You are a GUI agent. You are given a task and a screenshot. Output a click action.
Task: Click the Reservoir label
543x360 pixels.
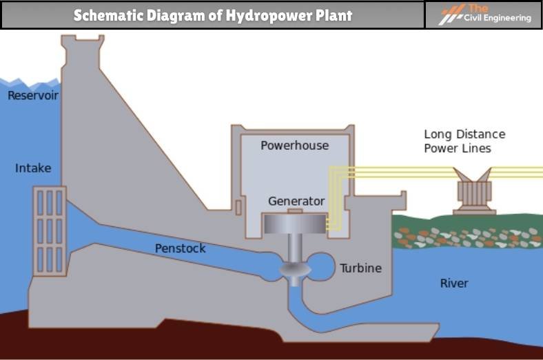tap(32, 96)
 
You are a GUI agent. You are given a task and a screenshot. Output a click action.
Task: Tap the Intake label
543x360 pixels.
tap(33, 168)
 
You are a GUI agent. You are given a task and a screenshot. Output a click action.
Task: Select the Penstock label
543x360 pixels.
tap(180, 248)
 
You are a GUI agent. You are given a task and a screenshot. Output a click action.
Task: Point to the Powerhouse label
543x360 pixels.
tap(294, 146)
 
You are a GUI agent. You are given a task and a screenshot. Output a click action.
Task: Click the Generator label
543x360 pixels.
tap(296, 201)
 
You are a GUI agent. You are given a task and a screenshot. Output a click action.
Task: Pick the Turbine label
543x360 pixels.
tap(360, 268)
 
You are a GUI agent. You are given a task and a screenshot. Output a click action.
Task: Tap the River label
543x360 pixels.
tap(454, 283)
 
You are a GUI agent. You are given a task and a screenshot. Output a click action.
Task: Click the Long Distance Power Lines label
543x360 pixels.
tap(464, 141)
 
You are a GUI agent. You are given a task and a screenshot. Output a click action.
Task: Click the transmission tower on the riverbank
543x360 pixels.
tap(473, 192)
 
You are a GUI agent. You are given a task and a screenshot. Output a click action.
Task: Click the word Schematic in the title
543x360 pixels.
tap(103, 15)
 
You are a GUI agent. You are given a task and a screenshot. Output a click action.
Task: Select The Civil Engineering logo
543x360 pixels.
tap(482, 14)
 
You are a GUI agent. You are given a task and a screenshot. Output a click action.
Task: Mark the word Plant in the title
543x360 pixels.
tap(333, 15)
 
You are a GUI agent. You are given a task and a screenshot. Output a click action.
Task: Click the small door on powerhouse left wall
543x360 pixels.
tap(238, 206)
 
